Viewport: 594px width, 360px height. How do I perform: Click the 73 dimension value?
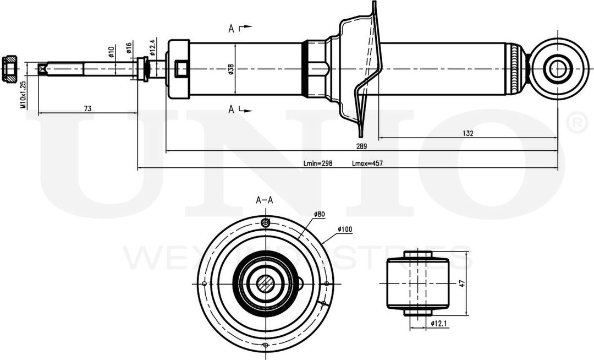coord(87,109)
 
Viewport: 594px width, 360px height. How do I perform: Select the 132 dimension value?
coord(468,133)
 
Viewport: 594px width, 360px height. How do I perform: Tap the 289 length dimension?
coord(361,146)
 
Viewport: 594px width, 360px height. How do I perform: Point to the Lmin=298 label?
coord(318,163)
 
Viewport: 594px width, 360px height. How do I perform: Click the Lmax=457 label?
coord(367,163)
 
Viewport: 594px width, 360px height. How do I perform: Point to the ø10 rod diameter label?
coord(111,52)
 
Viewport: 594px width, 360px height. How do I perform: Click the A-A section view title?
coord(265,200)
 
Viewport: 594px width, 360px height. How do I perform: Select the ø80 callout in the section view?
coord(321,214)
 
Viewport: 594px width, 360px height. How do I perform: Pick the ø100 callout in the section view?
coord(345,228)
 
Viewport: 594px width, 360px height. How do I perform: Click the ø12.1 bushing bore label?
coord(439,323)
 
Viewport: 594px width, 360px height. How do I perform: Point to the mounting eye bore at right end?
coord(558,69)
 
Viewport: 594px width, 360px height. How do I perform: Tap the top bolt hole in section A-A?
coord(266,223)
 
